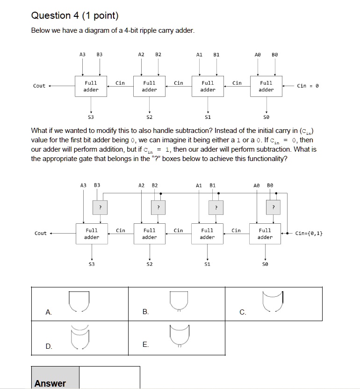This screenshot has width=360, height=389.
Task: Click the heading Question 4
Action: point(75,15)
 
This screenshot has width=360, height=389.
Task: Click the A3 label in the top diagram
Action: point(83,55)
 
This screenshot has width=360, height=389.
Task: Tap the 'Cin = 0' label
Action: point(308,86)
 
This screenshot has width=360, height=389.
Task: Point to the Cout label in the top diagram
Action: point(39,86)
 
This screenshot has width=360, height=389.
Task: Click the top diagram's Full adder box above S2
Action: point(149,86)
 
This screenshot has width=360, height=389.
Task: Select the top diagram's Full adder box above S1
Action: point(208,86)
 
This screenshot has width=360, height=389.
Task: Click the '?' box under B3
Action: point(99,207)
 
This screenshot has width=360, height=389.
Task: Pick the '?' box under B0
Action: point(274,207)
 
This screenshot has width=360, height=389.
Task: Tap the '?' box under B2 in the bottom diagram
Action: point(158,207)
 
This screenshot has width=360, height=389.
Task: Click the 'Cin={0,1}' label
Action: point(309,233)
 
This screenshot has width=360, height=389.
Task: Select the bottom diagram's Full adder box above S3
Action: point(92,234)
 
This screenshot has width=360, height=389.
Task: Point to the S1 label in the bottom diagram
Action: point(208,264)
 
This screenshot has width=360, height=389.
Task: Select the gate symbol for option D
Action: point(79,336)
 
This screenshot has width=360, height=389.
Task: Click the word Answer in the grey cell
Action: point(50,383)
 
